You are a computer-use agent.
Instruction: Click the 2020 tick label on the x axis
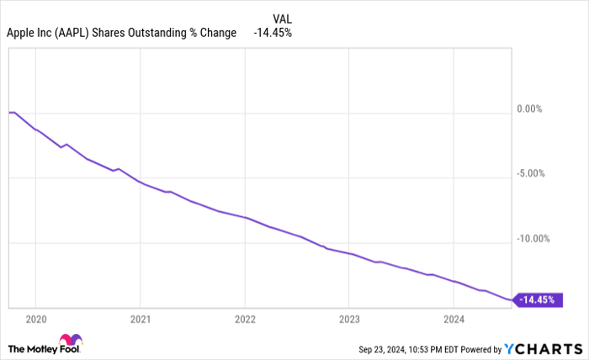35,319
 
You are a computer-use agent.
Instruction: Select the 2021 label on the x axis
140,319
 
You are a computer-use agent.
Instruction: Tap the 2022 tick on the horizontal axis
244,319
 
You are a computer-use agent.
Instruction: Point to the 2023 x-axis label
349,319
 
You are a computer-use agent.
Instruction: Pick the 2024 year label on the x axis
454,319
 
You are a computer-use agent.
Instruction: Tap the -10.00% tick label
535,239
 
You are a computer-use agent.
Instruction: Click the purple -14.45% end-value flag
539,299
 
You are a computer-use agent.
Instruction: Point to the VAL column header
283,18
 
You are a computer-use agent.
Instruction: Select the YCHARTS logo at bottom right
544,348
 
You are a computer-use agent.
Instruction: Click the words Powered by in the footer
480,348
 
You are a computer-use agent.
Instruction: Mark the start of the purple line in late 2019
9,112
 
